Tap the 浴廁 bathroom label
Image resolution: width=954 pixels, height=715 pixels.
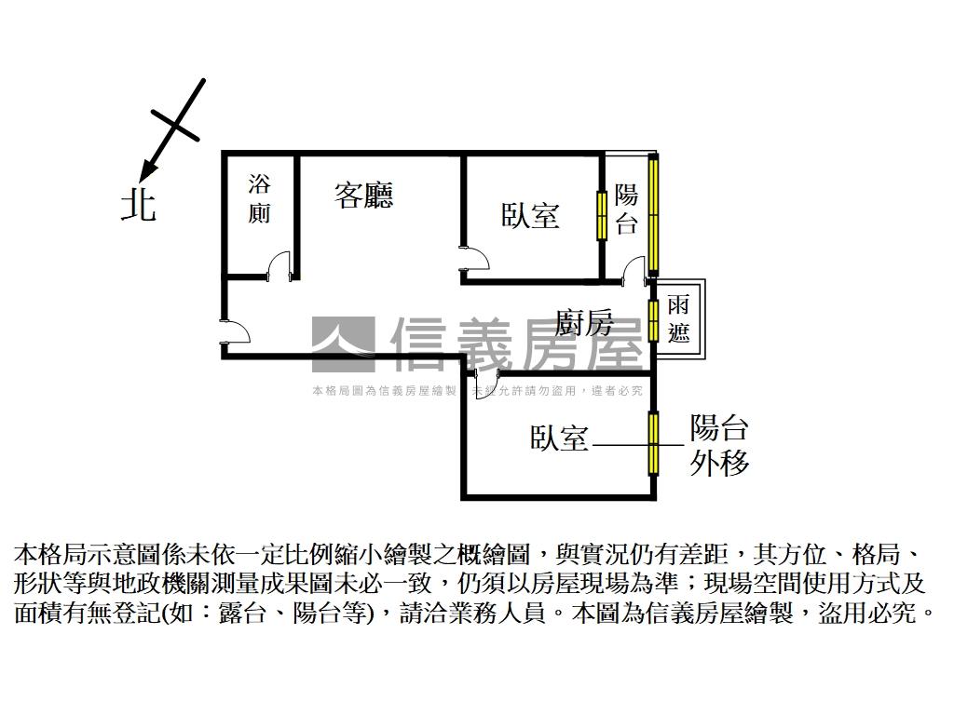coord(259,198)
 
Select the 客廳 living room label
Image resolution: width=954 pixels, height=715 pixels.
coord(364,195)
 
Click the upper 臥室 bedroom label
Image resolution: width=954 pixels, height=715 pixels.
coord(531,216)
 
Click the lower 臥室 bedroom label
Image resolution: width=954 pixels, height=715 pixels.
coord(560,438)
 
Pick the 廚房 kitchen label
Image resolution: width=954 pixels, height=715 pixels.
coord(585,323)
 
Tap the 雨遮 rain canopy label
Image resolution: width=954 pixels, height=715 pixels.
coord(678,318)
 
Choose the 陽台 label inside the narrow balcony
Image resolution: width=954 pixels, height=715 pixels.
coord(627,209)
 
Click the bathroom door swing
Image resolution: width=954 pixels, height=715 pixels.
coord(279,267)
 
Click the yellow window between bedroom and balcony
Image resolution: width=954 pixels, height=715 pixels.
coord(602,215)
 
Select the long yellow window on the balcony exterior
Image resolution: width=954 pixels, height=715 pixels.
coord(654,214)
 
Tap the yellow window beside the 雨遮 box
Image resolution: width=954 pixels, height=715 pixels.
coord(654,319)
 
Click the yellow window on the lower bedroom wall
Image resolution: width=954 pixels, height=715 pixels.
coord(654,441)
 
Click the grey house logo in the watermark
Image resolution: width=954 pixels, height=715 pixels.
coord(343,344)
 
